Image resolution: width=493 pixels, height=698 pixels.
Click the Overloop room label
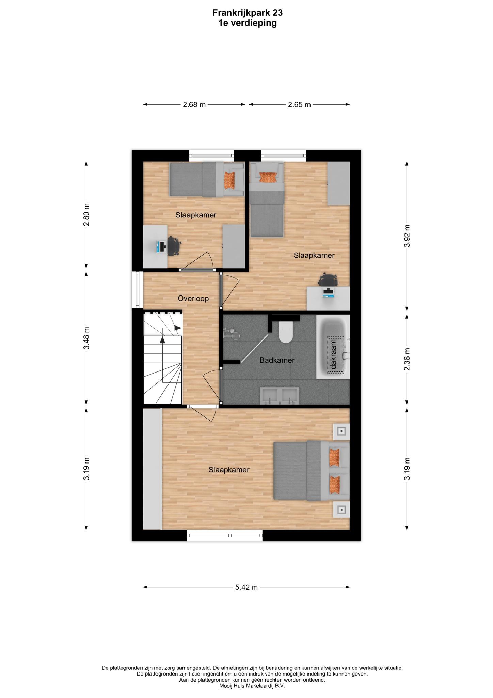tap(193, 299)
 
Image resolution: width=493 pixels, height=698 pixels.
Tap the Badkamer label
tap(277, 360)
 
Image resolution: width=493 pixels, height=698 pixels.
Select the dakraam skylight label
tap(333, 354)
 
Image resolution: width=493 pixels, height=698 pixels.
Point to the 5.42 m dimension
tap(246, 587)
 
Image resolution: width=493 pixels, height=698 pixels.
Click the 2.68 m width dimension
tap(194, 105)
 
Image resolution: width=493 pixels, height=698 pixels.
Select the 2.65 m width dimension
tap(299, 105)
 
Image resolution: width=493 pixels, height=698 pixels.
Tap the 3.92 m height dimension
tap(407, 237)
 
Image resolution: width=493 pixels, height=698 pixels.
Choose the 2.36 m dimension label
tap(407, 359)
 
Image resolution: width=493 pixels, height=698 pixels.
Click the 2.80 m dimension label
tap(86, 215)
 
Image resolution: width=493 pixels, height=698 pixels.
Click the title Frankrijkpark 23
tap(248, 13)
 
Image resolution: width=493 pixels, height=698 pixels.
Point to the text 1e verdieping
tap(248, 23)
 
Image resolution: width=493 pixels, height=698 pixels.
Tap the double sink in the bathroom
tap(280, 395)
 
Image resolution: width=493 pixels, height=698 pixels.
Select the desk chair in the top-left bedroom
tap(174, 246)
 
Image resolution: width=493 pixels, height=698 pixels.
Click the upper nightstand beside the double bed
tap(341, 431)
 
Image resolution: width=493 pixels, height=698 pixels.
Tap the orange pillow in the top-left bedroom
tap(229, 180)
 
